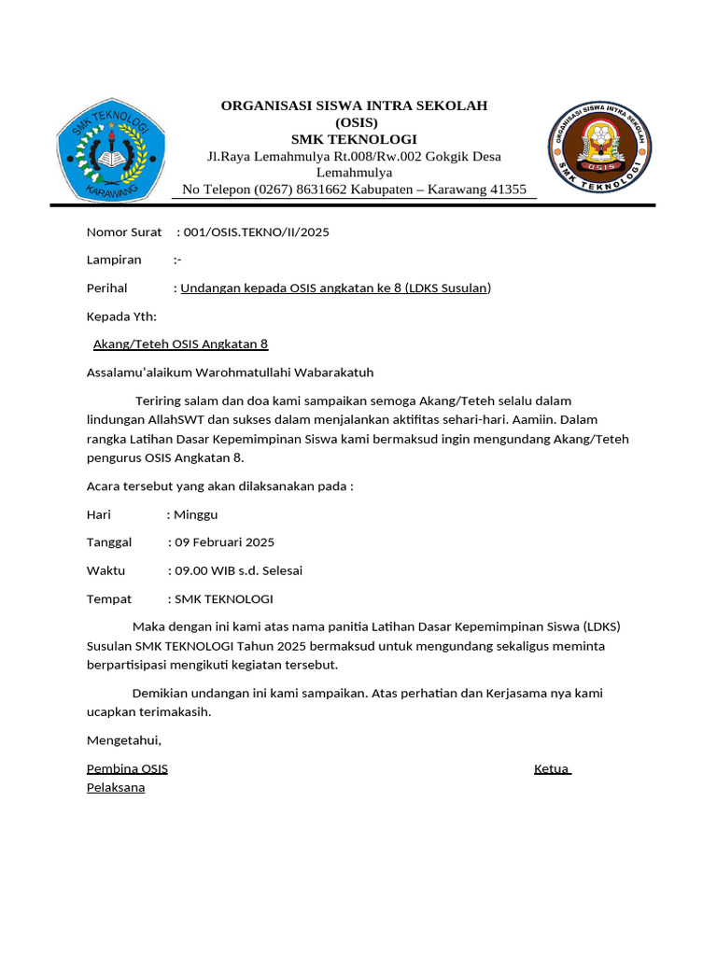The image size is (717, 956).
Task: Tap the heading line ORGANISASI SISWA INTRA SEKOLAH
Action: click(354, 105)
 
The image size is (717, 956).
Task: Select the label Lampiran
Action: click(114, 260)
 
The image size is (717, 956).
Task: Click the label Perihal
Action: click(106, 288)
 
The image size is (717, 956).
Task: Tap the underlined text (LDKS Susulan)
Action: click(448, 288)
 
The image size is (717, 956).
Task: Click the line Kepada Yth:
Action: click(121, 316)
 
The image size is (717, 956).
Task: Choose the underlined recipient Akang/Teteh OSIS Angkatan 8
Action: click(180, 344)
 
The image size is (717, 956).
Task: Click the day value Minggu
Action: click(196, 514)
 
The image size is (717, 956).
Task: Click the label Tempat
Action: click(109, 598)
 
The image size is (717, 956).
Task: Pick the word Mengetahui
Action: click(123, 740)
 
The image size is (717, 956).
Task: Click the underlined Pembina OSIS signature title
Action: click(127, 769)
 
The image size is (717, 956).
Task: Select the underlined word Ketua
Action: click(551, 769)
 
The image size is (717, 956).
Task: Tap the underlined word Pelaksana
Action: click(116, 788)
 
